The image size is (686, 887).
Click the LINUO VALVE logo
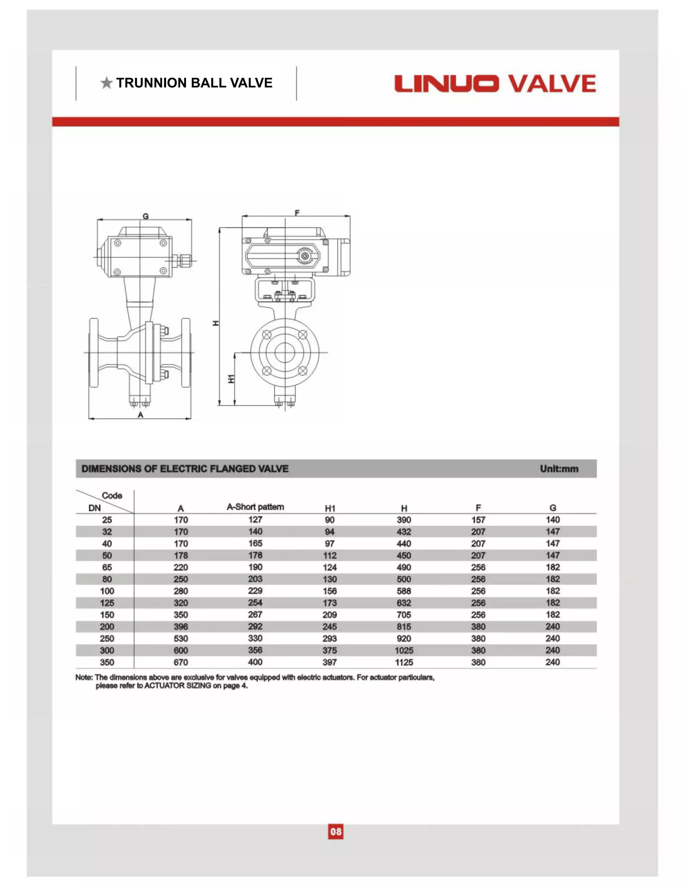click(495, 84)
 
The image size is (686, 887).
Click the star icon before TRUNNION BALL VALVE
click(107, 83)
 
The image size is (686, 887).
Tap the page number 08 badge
click(336, 831)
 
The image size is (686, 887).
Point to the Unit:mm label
click(559, 469)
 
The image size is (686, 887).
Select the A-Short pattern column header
click(255, 507)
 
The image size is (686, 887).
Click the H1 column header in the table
click(330, 508)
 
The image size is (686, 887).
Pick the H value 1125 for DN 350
click(404, 662)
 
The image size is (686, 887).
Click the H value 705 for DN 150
click(404, 615)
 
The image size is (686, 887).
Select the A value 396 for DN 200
click(181, 627)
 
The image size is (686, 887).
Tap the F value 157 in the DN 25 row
click(478, 520)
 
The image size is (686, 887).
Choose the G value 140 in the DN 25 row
click(553, 519)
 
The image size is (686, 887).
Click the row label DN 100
click(107, 591)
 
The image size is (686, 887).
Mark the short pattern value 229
click(255, 590)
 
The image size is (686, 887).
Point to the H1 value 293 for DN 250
click(330, 638)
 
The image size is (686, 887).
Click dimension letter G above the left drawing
click(145, 217)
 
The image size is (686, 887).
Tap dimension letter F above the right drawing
click(297, 213)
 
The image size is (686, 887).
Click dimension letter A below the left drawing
click(140, 415)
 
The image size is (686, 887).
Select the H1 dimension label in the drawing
click(231, 379)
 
